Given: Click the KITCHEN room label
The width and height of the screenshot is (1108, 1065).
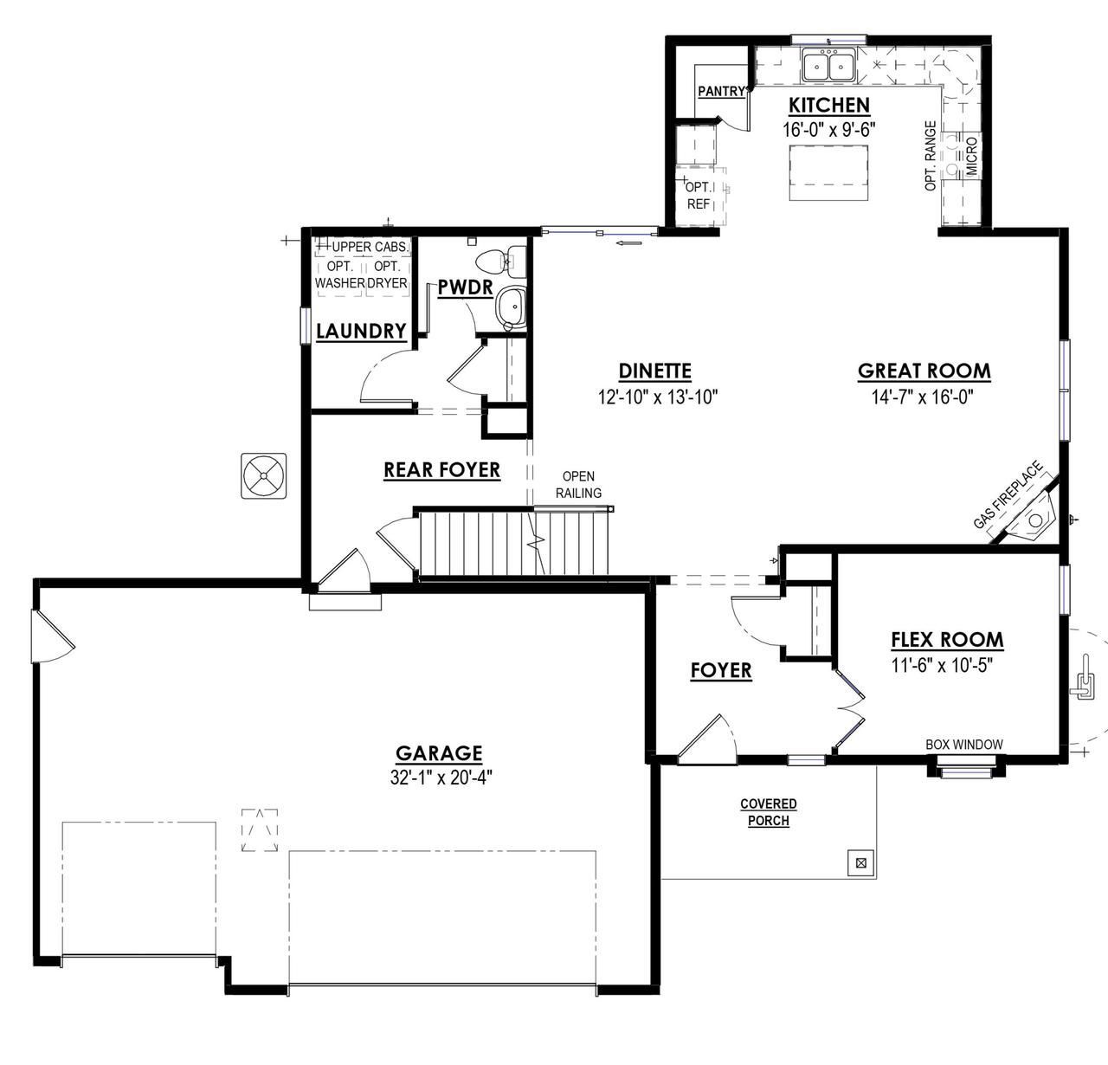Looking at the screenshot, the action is pyautogui.click(x=829, y=106).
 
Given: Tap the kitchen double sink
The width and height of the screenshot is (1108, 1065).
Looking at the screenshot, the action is pyautogui.click(x=828, y=66).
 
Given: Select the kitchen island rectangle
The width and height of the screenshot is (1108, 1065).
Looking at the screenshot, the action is pyautogui.click(x=828, y=172).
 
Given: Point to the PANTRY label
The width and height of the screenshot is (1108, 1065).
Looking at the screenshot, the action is pyautogui.click(x=721, y=91).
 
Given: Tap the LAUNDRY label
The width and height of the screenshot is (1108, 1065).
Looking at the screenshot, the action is pyautogui.click(x=361, y=331).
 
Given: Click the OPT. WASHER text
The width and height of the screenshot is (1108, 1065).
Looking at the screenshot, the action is pyautogui.click(x=340, y=274).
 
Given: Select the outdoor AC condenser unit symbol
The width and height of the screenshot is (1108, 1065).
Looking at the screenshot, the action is pyautogui.click(x=264, y=475).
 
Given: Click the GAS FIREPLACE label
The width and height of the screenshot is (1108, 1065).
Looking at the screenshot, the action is pyautogui.click(x=1008, y=495).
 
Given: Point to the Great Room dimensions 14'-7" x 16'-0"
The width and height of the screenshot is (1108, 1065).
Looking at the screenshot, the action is pyautogui.click(x=923, y=397).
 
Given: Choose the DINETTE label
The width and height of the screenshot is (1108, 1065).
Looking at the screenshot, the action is pyautogui.click(x=654, y=371).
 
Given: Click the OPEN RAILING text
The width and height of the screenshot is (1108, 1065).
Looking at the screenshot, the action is pyautogui.click(x=578, y=485).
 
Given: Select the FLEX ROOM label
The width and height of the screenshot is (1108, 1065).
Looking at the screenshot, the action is pyautogui.click(x=948, y=640).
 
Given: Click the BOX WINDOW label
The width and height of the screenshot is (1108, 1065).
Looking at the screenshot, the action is pyautogui.click(x=964, y=745).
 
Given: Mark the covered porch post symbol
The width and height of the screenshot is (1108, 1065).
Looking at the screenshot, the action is pyautogui.click(x=861, y=862).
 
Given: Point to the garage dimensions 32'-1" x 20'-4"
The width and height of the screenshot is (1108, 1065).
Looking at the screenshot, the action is pyautogui.click(x=441, y=778).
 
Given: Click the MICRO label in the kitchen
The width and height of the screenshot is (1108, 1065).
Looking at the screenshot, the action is pyautogui.click(x=971, y=156).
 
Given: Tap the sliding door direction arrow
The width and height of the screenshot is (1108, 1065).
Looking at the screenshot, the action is pyautogui.click(x=628, y=243).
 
